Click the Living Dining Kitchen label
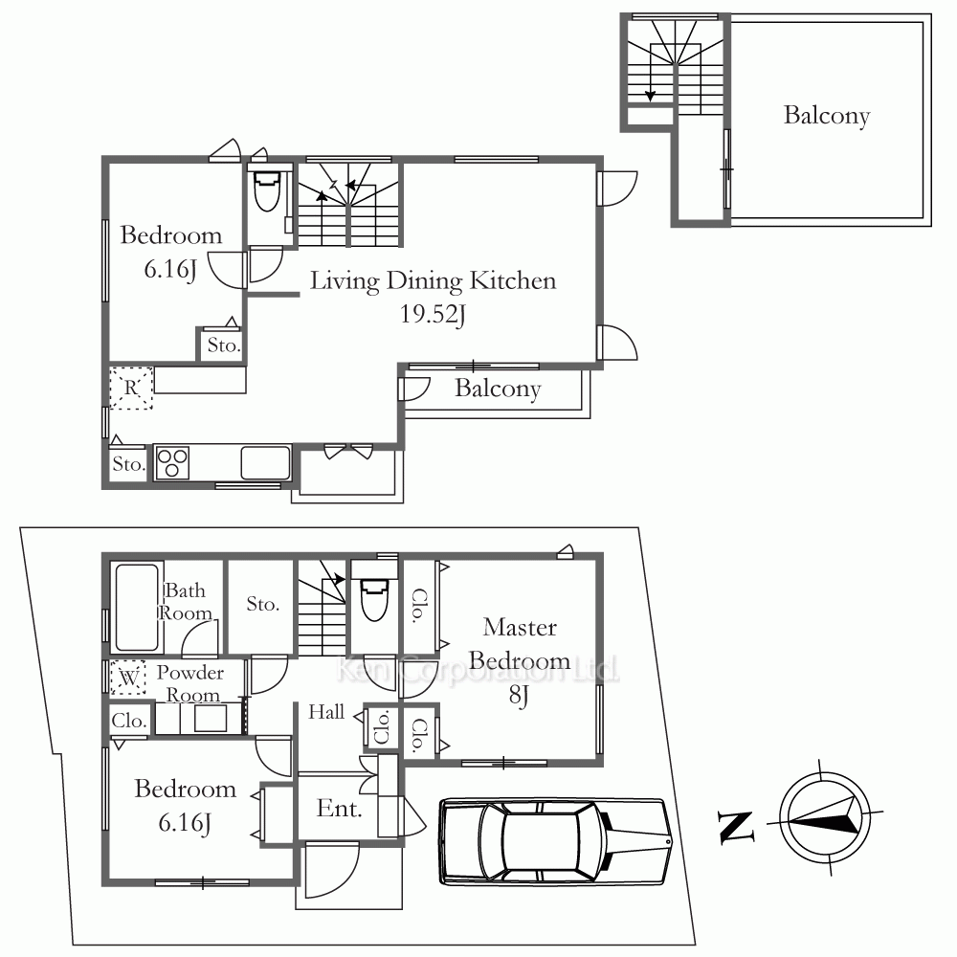coord(433,281)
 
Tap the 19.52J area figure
coord(433,314)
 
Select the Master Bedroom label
coord(520,644)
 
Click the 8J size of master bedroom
coord(519,695)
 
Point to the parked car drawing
coord(555,841)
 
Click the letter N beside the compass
coord(735,827)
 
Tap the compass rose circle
coord(825,817)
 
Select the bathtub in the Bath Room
coord(136,608)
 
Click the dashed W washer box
coord(127,678)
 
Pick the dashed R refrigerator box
coord(130,388)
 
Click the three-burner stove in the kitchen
coord(172,463)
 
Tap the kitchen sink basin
coord(265,463)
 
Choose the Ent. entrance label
coord(340,809)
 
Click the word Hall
coord(326,712)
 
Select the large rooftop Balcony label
coord(827,116)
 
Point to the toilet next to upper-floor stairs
coord(267,189)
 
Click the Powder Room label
coord(189,683)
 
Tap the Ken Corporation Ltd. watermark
coord(478,670)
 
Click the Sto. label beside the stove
coord(129,464)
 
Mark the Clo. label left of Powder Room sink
coord(129,721)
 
